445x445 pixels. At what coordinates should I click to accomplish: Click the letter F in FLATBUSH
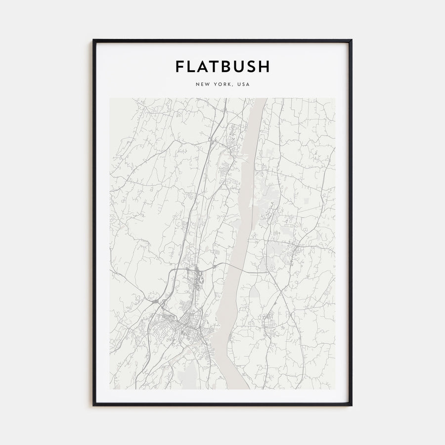pos(180,67)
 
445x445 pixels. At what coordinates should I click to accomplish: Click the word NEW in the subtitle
pos(203,85)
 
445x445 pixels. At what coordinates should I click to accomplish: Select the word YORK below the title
pos(223,85)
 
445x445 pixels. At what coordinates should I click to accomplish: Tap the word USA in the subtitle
pos(244,85)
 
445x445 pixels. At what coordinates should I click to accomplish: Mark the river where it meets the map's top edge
pos(261,99)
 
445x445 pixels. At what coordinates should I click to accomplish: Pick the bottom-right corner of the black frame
pos(351,405)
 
